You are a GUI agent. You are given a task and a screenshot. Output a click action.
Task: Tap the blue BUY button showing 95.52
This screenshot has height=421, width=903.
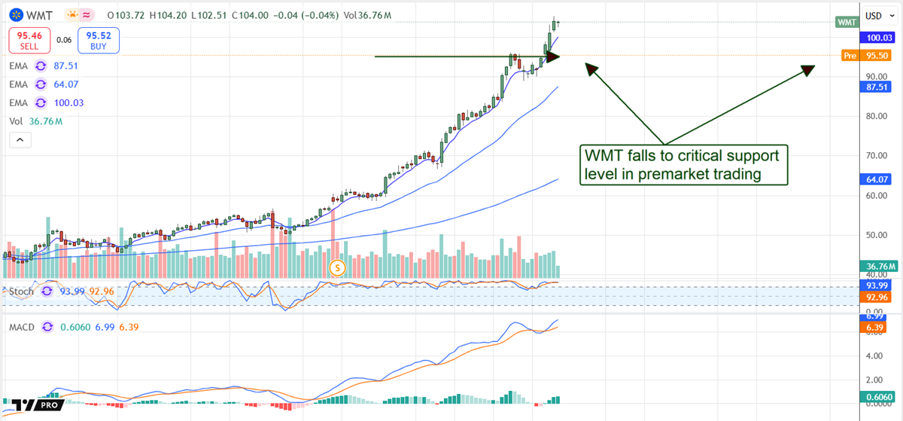click(x=99, y=40)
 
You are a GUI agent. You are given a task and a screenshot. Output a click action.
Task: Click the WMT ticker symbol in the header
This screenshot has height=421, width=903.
click(x=38, y=15)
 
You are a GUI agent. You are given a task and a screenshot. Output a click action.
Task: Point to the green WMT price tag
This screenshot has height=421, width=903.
click(x=847, y=23)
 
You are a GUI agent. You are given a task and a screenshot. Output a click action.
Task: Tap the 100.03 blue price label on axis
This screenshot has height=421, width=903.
click(x=879, y=37)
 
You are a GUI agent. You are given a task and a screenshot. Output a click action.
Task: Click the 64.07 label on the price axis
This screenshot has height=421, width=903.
click(x=879, y=179)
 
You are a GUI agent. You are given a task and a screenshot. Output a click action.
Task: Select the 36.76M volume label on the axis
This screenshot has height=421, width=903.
click(x=879, y=266)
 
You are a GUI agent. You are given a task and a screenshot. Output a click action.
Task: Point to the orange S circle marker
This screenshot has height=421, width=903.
click(x=338, y=267)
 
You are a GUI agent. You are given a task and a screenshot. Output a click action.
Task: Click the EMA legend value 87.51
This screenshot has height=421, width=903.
click(x=66, y=66)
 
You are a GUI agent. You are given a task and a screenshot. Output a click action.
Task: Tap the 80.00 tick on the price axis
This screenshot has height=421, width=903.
click(x=875, y=116)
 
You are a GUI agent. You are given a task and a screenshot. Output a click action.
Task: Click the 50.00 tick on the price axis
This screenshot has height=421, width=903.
click(x=875, y=235)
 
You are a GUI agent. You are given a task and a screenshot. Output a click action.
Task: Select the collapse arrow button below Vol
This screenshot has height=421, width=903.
click(x=20, y=140)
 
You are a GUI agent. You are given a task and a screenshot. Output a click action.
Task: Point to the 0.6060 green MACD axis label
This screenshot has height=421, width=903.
click(x=879, y=397)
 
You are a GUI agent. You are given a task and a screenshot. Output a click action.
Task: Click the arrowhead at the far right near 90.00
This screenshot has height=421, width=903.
click(x=807, y=70)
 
